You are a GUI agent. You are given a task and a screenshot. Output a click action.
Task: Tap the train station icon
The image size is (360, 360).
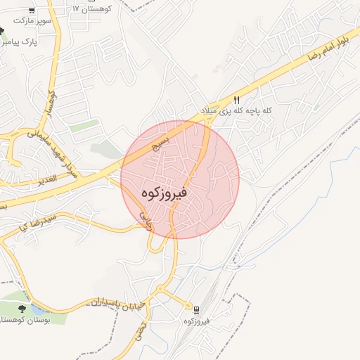[196, 309]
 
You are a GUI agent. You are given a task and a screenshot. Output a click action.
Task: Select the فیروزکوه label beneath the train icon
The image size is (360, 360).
[196, 321]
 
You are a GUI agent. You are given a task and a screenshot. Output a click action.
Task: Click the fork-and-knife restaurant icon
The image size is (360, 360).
[237, 100]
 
